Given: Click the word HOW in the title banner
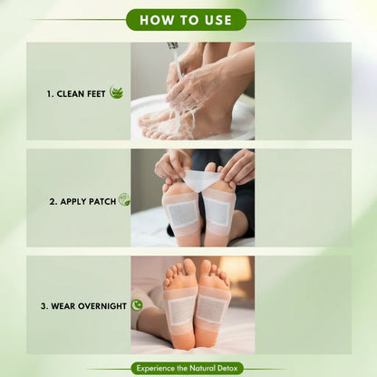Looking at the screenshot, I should tap(156, 20).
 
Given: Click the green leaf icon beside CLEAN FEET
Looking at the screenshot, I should tap(116, 92).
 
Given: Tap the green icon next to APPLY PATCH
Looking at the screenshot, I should tap(123, 199).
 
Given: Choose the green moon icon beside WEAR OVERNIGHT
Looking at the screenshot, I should tap(136, 305).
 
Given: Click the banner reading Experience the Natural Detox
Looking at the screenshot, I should tap(188, 368).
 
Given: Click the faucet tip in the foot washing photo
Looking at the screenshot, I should tap(171, 45).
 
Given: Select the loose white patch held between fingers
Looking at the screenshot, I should tap(200, 179).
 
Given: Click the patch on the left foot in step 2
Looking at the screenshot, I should tap(181, 214).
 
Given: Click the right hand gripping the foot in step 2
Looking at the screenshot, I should tap(237, 168).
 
